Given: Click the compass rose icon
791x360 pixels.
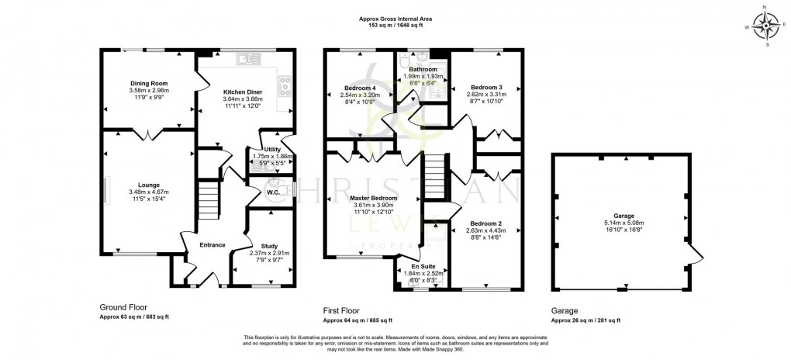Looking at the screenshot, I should click(766, 27).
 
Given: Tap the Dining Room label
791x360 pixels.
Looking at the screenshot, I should click(148, 83).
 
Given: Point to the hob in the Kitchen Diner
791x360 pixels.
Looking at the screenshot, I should click(284, 81).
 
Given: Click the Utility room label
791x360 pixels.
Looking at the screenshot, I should click(272, 149).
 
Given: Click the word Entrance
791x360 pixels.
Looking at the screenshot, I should click(212, 245).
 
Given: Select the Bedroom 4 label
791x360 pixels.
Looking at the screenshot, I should click(358, 88).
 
